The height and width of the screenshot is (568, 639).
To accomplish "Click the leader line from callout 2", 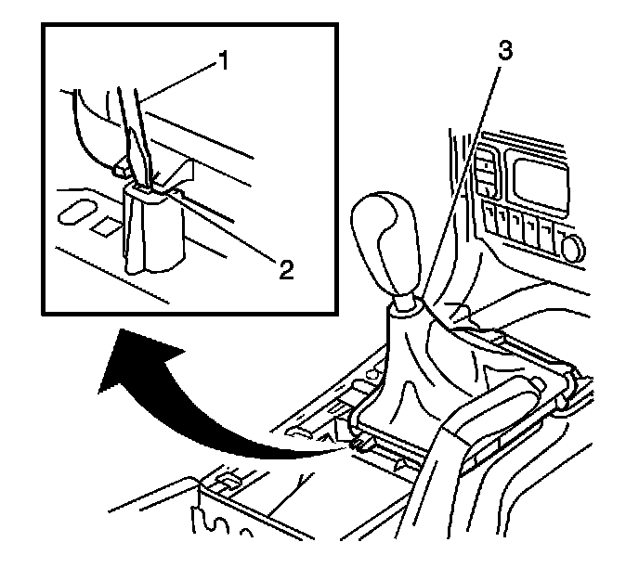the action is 232,231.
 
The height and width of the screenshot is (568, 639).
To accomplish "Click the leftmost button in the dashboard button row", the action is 489,219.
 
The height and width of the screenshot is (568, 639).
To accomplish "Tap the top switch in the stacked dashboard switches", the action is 484,168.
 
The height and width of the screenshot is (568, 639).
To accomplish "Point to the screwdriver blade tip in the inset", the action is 148,186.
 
